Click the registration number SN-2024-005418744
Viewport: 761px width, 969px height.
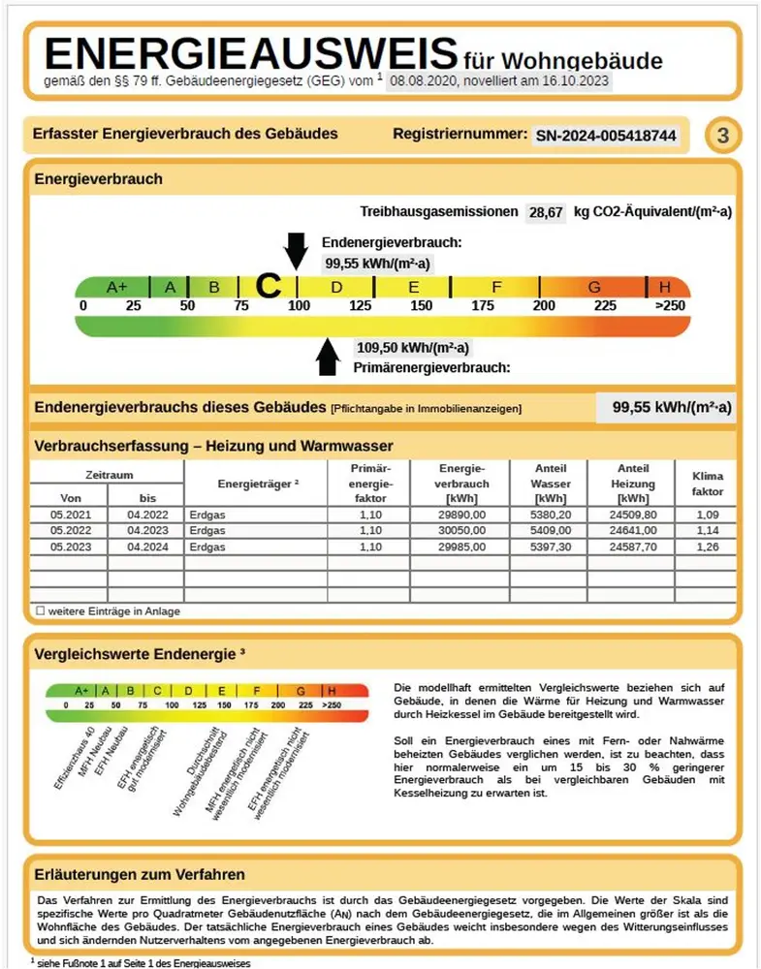coord(606,136)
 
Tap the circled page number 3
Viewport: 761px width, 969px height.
coord(722,136)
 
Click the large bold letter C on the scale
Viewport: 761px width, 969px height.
coord(268,286)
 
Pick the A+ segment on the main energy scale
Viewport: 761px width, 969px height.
coord(116,287)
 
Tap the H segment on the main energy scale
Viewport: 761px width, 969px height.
coord(665,287)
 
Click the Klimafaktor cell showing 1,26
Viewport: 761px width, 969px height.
coord(708,547)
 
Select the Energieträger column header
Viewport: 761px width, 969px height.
coord(257,483)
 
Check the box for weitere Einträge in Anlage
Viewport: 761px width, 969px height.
coord(40,611)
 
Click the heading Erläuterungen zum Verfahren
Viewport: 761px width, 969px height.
coord(140,875)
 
